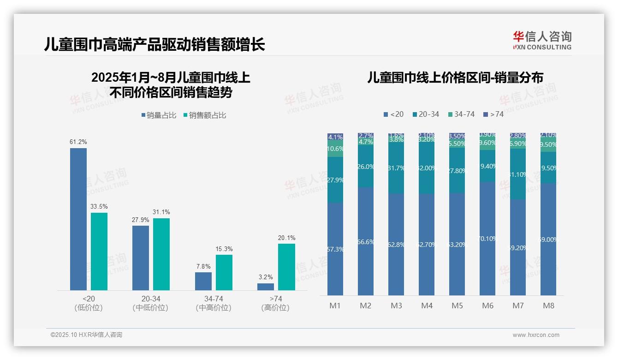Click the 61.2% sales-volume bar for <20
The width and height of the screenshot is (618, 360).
[x=78, y=219]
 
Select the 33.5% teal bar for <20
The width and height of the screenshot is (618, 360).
[x=99, y=252]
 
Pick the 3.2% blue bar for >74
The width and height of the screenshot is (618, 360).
[x=266, y=287]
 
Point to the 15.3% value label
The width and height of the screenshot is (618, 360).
[x=224, y=249]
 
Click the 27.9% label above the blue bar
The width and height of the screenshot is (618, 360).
[x=140, y=220]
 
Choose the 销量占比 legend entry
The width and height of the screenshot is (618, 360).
[x=159, y=115]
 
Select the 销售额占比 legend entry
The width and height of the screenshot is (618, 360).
[x=204, y=115]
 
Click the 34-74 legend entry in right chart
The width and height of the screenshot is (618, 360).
[x=461, y=114]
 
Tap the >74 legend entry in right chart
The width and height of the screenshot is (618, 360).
[x=493, y=114]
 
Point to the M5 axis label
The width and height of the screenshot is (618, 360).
[x=457, y=306]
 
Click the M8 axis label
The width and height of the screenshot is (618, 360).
[x=548, y=306]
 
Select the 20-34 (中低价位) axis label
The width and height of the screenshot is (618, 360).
[x=150, y=303]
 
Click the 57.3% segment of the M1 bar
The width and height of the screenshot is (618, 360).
[x=335, y=249]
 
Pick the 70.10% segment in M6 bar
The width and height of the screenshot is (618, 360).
[x=487, y=239]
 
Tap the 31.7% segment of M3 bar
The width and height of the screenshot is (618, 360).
[x=396, y=168]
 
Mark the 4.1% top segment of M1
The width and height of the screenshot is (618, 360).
[x=335, y=137]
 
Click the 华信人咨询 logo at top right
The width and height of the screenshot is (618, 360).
[x=542, y=40]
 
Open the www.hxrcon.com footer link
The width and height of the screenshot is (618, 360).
[x=536, y=335]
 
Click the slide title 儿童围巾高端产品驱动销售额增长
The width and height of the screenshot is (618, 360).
[x=154, y=44]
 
